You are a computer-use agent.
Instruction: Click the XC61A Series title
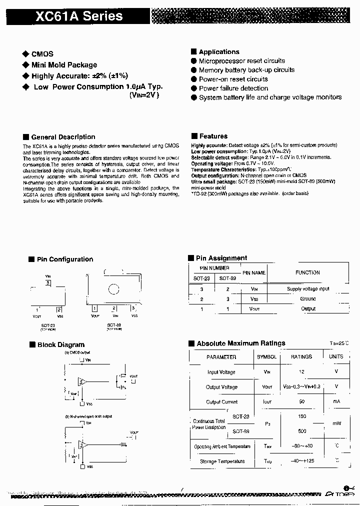point(79,16)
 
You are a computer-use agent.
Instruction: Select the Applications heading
point(218,52)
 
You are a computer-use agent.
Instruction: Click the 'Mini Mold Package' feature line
point(64,65)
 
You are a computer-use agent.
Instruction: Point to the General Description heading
point(63,137)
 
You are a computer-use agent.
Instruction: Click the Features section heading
point(213,136)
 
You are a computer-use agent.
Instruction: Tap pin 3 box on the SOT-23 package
point(48,283)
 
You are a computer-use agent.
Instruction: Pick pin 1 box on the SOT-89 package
point(95,308)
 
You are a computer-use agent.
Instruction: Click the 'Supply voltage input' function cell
point(308,289)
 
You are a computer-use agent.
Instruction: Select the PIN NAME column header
point(254,273)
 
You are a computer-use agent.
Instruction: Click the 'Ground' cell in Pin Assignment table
point(308,299)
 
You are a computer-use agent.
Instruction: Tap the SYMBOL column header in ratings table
point(266,357)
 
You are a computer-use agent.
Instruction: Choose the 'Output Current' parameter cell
point(221,402)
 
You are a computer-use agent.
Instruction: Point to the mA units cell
point(336,402)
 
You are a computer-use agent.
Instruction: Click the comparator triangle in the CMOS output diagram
point(82,382)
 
